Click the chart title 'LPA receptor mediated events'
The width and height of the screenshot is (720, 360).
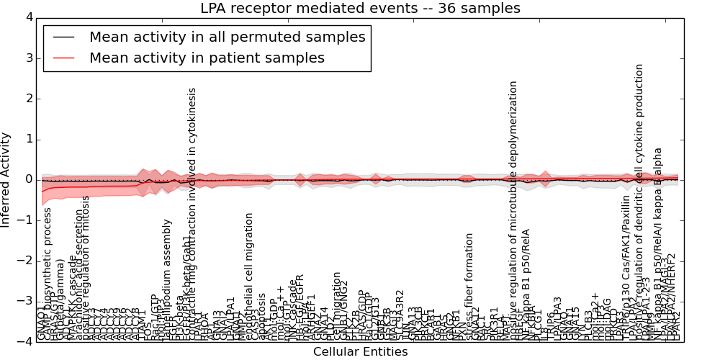point(360,9)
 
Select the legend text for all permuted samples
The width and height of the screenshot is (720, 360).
point(227,37)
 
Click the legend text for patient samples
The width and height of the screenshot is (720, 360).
point(207,58)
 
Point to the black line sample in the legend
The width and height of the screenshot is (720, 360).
point(63,37)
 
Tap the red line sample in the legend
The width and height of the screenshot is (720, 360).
point(63,58)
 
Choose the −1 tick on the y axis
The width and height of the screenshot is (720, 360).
point(24,220)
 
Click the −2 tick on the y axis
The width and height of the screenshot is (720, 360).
point(24,261)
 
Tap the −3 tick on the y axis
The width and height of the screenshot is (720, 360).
point(24,301)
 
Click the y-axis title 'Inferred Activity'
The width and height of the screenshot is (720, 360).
point(6,179)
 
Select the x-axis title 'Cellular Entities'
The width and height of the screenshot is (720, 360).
point(360,352)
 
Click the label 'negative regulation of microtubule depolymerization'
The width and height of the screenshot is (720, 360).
point(513,209)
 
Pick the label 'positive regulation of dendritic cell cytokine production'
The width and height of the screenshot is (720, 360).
point(639,202)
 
